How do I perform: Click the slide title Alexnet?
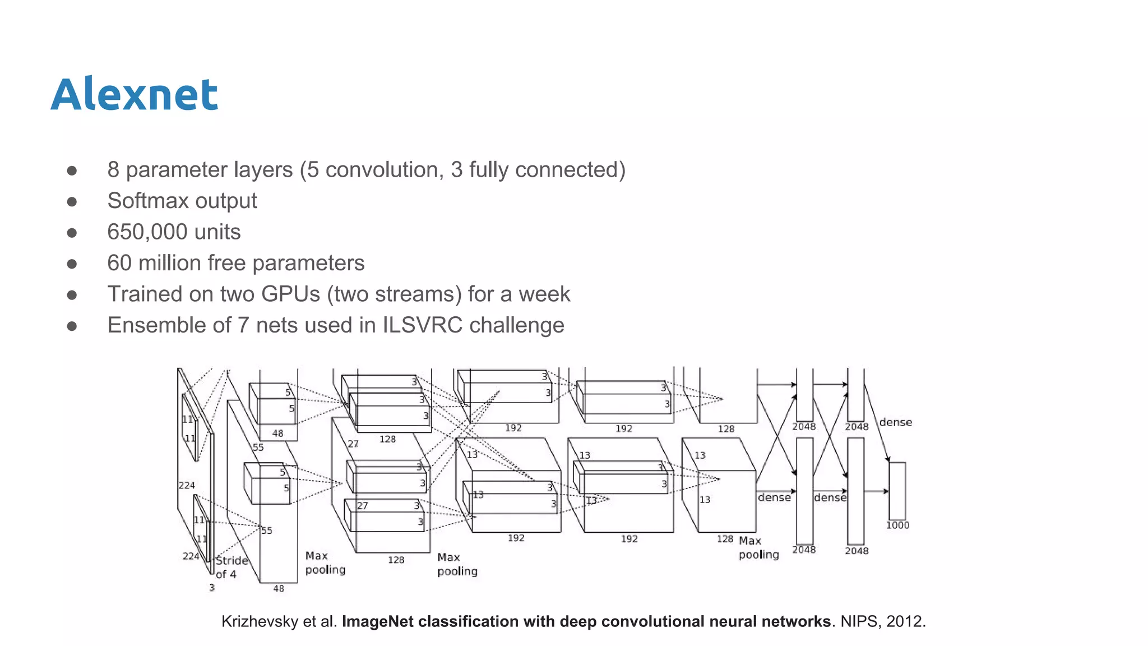134,94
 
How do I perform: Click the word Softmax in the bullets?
147,201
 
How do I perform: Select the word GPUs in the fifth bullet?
290,294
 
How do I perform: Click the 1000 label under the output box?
897,525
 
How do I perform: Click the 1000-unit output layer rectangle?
897,491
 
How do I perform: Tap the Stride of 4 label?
230,567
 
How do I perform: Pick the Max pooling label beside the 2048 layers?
758,547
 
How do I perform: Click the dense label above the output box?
895,422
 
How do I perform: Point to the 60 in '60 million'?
119,263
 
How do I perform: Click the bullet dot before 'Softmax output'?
72,201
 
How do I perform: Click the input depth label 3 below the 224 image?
212,588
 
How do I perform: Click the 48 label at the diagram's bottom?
279,589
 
